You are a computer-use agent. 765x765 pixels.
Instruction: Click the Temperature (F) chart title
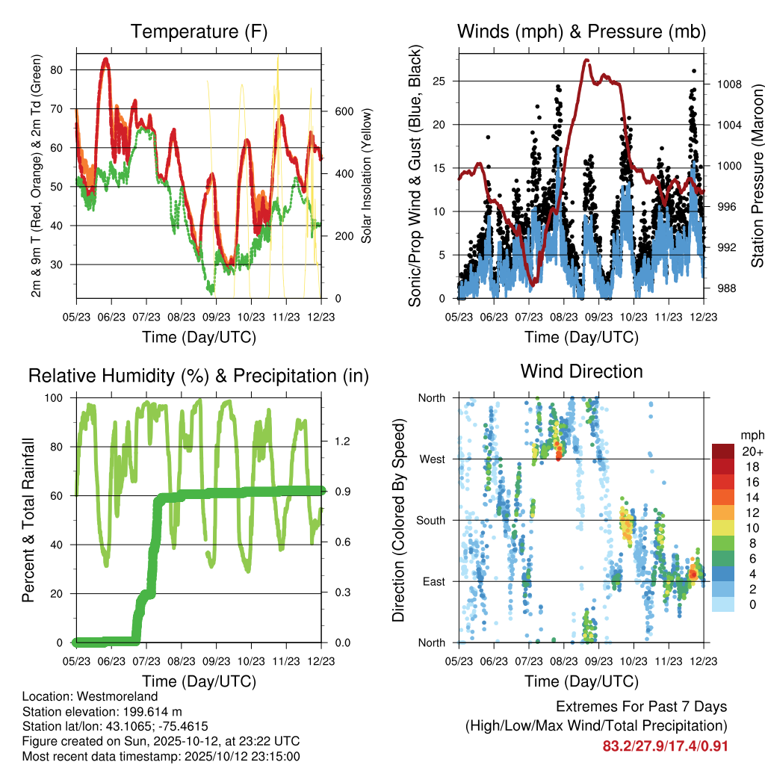coord(199,32)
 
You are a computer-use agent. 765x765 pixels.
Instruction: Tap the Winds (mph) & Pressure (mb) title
coord(581,32)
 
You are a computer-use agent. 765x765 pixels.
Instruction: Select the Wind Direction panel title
coord(581,371)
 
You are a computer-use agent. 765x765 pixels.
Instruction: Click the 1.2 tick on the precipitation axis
coord(341,442)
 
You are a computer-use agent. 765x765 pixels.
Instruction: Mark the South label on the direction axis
coord(431,520)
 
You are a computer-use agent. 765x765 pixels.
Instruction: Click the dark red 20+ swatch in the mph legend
coord(722,451)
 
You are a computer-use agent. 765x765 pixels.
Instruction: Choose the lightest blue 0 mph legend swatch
coord(722,605)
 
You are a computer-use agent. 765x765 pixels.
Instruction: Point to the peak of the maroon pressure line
coord(587,61)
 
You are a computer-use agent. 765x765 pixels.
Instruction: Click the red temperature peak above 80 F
coord(106,59)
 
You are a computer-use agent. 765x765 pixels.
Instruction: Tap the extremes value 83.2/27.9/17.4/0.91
coord(665,746)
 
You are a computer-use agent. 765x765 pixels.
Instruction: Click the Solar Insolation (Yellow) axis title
coord(367,177)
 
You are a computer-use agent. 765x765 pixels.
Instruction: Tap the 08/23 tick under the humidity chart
coord(182,660)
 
